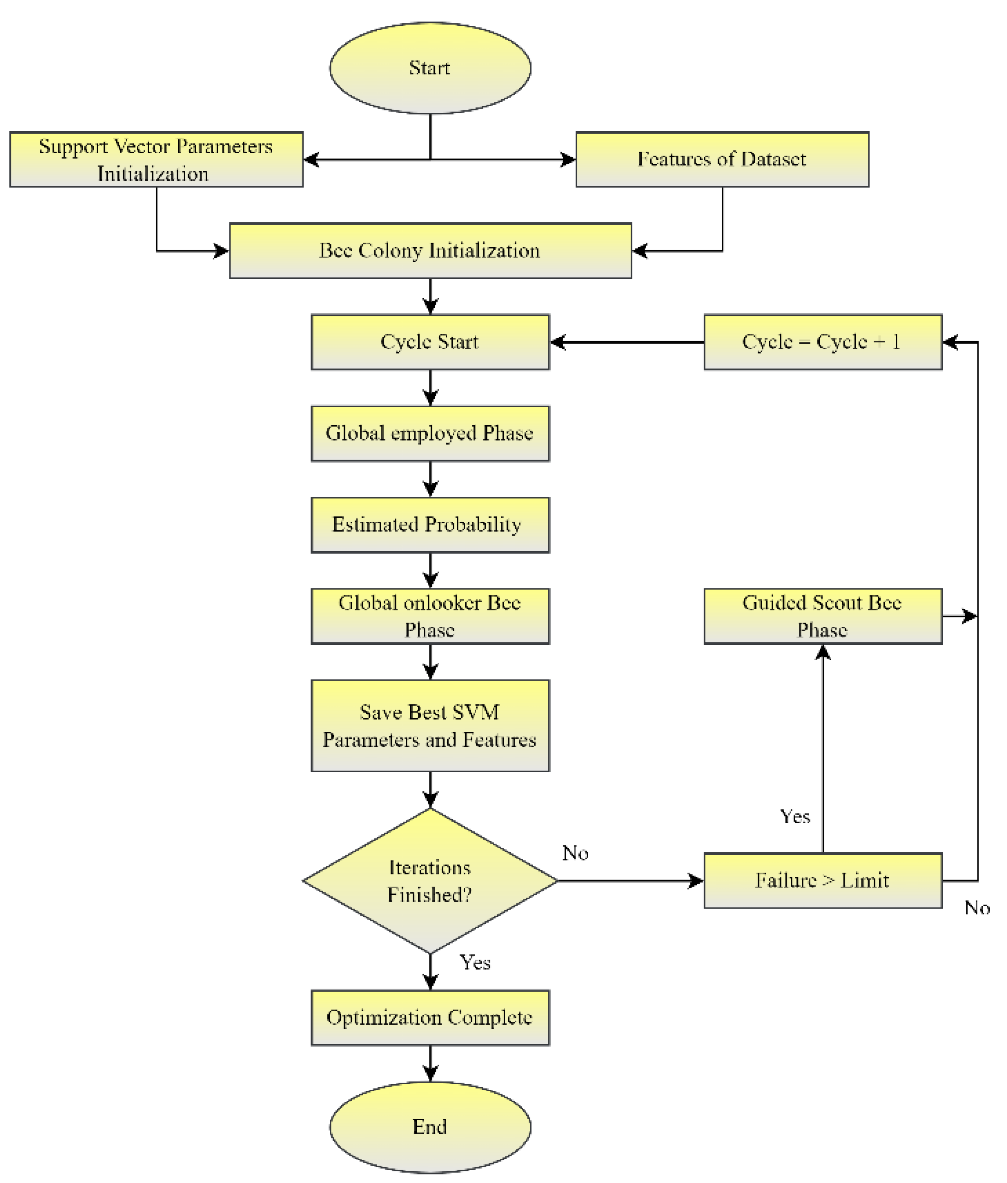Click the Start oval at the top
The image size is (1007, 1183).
click(x=430, y=68)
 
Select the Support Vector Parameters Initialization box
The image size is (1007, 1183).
click(x=156, y=159)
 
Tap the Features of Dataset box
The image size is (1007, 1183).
click(x=722, y=159)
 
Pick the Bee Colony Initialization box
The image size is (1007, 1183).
click(x=430, y=250)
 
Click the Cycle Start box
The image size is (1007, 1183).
click(x=430, y=342)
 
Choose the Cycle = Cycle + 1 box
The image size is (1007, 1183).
click(x=822, y=342)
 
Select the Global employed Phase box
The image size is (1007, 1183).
click(x=430, y=434)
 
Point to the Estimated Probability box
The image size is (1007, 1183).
click(x=430, y=525)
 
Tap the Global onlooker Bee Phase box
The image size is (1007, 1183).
click(x=430, y=616)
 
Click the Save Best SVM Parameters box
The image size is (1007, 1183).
click(x=430, y=726)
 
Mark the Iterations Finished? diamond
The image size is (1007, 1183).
click(x=430, y=881)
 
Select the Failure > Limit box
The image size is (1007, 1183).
click(x=822, y=881)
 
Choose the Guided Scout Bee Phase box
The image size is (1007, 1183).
click(x=822, y=616)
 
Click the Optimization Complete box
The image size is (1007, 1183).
click(x=430, y=1018)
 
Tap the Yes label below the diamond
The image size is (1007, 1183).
click(x=475, y=963)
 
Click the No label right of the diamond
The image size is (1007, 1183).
click(x=575, y=853)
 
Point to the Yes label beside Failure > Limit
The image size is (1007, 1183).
click(x=795, y=816)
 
